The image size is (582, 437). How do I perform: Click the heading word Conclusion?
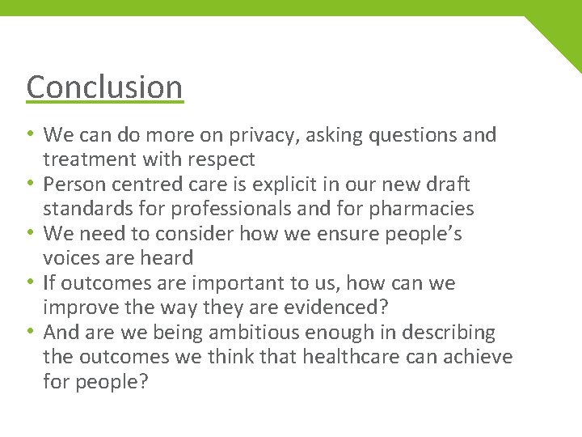pos(104,87)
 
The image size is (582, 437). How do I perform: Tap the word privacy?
pos(262,135)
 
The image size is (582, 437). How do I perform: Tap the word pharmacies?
pos(421,209)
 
